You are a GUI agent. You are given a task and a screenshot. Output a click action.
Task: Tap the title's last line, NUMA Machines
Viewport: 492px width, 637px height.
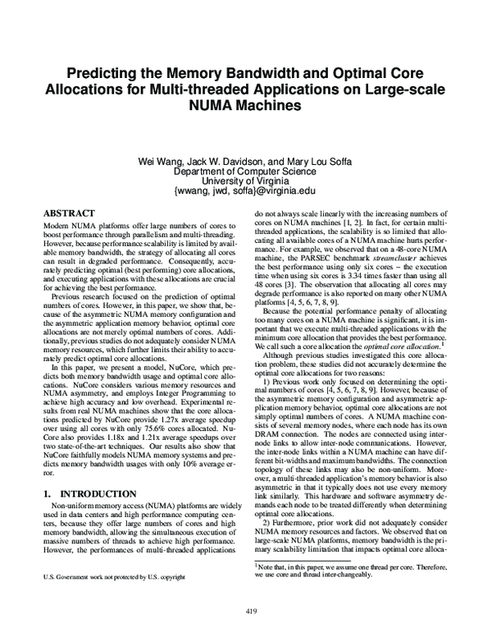click(246, 106)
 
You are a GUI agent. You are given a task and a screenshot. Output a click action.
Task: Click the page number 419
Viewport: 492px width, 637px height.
click(246, 611)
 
